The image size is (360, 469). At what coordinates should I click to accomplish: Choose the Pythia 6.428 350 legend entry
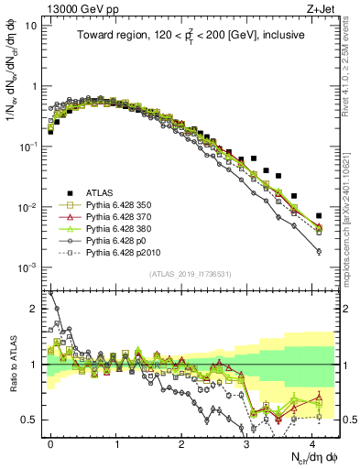click(122, 206)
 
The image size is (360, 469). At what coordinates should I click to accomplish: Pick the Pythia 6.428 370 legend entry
click(122, 219)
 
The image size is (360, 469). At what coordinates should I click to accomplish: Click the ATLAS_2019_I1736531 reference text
click(184, 275)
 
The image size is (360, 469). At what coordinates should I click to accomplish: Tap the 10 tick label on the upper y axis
click(30, 26)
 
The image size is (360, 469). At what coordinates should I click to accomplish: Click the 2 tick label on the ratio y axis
click(34, 309)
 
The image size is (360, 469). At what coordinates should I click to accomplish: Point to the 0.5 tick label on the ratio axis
click(30, 420)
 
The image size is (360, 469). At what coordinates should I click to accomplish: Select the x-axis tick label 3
click(248, 442)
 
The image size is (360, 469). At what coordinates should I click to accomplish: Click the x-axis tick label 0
click(50, 442)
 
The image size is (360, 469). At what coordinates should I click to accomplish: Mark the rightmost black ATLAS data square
click(318, 216)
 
